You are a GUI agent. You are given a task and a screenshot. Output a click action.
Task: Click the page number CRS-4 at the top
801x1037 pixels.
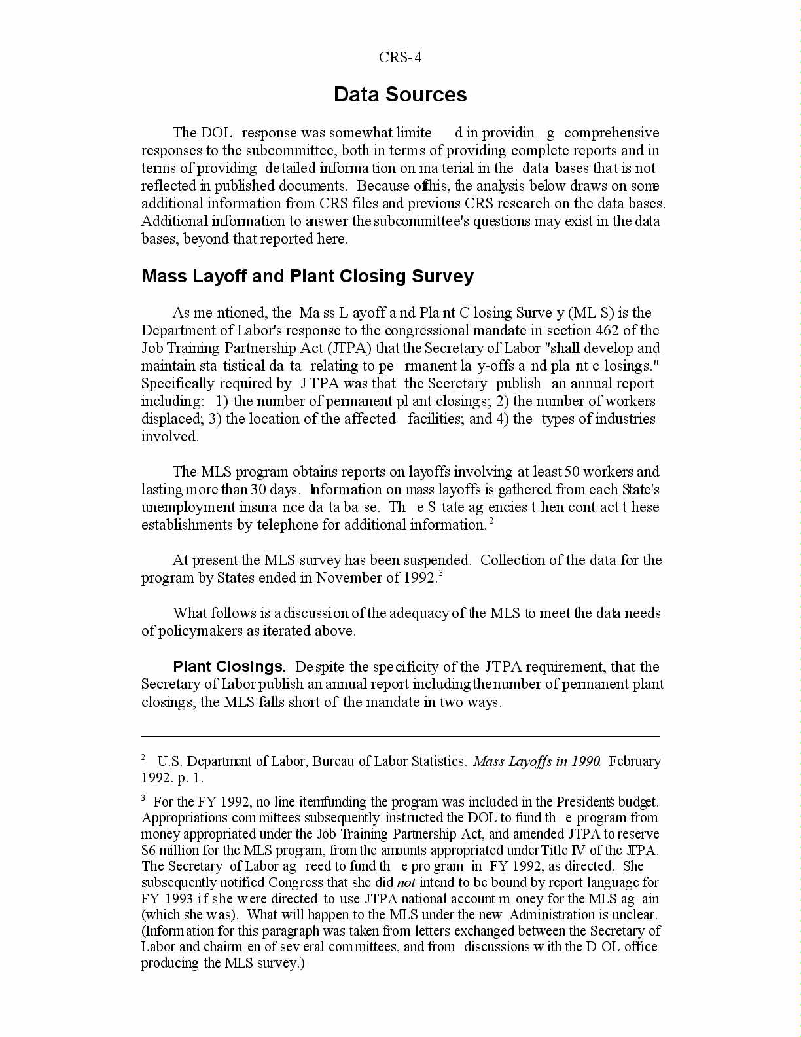point(400,58)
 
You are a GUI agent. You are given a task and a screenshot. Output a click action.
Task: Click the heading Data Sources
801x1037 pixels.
point(400,95)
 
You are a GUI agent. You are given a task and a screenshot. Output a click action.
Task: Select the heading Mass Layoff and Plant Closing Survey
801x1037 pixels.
point(307,276)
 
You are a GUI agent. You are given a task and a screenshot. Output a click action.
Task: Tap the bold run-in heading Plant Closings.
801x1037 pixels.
point(229,667)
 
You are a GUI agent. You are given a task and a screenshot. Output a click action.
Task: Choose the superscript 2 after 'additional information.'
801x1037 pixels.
point(491,521)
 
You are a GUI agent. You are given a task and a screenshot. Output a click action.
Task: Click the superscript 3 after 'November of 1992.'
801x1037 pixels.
point(441,574)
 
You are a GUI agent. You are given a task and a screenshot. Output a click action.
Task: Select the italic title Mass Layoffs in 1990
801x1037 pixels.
point(537,761)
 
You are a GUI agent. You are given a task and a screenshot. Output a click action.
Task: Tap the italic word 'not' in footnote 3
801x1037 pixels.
point(406,882)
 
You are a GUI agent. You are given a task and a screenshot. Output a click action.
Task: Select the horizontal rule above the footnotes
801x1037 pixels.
point(400,737)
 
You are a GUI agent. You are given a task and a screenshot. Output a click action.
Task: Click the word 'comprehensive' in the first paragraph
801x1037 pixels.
point(611,133)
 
